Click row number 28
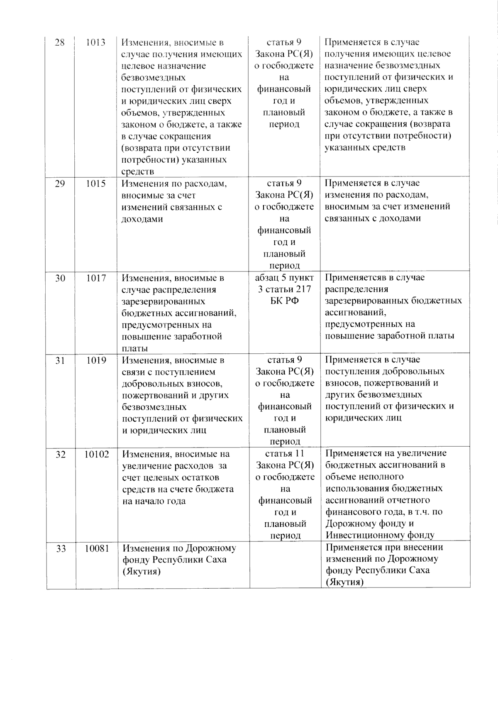point(60,43)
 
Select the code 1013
point(95,43)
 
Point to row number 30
point(60,278)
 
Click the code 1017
point(96,278)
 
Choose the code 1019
point(96,360)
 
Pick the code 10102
point(97,455)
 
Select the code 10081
point(97,548)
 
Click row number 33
point(61,549)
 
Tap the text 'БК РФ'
point(285,301)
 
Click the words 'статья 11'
point(285,454)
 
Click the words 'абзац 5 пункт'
point(284,278)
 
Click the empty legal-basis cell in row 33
point(285,565)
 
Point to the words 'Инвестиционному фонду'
point(380,535)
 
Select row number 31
point(60,360)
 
